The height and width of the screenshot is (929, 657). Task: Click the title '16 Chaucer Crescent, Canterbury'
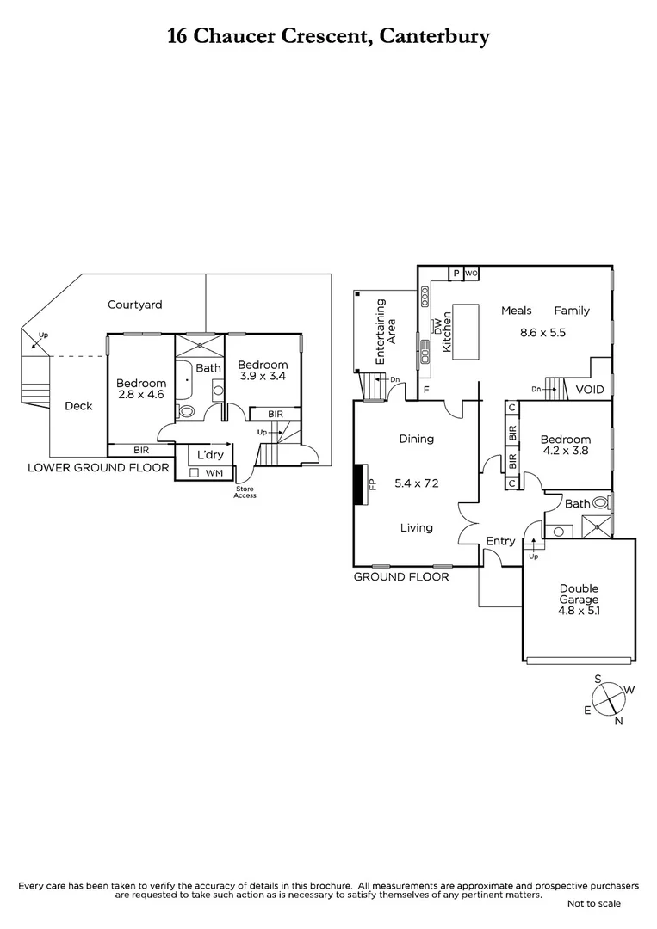[328, 36]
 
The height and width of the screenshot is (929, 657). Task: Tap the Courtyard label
[134, 305]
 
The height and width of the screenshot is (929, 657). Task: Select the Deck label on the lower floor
[78, 406]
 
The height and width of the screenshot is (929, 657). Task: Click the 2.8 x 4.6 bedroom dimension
[141, 397]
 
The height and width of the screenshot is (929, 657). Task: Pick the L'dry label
[210, 454]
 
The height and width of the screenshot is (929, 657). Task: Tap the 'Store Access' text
[246, 493]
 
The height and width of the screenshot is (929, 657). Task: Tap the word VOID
[590, 390]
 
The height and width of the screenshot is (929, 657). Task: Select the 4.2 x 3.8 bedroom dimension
[566, 450]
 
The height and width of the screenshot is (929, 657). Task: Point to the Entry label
[500, 541]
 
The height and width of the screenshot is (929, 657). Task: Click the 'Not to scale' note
[594, 903]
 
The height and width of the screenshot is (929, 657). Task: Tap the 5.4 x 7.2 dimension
[416, 483]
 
